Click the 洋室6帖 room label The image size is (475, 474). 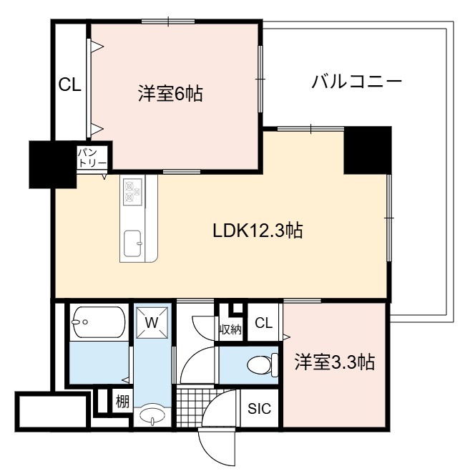170,94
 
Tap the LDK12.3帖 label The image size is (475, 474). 258,231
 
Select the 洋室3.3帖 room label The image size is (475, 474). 335,362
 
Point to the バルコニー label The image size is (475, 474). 356,82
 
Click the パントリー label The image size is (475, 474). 92,158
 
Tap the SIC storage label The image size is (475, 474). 259,409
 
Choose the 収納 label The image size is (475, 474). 230,329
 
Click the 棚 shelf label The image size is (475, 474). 122,402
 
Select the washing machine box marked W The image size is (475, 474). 152,322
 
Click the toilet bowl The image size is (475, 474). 263,365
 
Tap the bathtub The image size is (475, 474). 98,322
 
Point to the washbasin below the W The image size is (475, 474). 152,415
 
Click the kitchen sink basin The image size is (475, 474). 132,243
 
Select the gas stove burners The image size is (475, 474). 132,190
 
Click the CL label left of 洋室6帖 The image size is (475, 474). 70,84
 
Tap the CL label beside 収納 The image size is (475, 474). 263,323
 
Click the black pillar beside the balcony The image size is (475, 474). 368,150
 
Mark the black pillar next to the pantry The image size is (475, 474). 53,165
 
